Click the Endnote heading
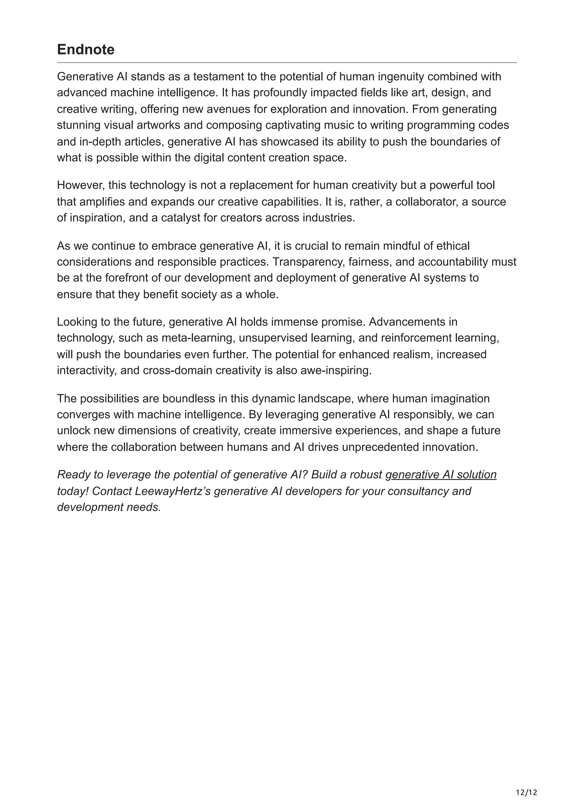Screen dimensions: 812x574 point(85,50)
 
